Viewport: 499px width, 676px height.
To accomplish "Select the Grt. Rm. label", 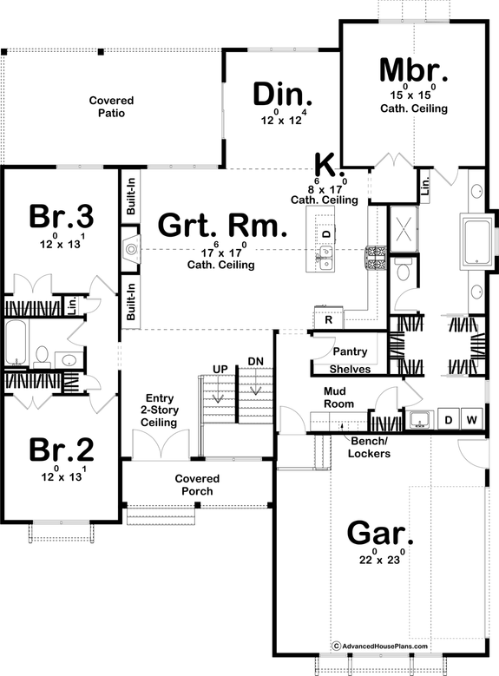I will coord(221,227).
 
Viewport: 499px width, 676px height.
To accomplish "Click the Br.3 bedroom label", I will coord(61,214).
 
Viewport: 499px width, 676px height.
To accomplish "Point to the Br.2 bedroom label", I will coord(61,450).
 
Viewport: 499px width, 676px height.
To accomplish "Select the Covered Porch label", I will coord(197,484).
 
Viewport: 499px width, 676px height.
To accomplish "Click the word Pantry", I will coord(351,352).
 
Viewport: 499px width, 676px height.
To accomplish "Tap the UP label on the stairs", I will coord(220,369).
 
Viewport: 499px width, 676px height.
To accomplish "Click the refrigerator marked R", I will coord(328,319).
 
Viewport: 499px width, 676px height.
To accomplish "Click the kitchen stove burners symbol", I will coord(378,257).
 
